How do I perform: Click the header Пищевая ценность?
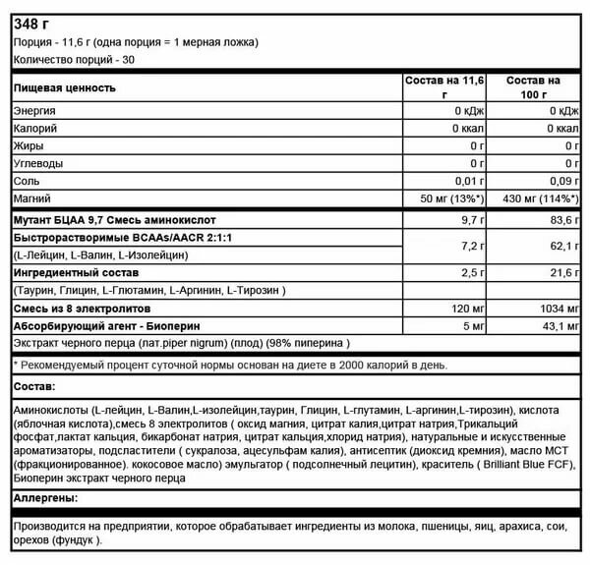(65, 87)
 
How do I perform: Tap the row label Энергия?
(34, 111)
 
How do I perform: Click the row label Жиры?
(29, 145)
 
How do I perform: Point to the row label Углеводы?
(39, 163)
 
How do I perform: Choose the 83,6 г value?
(559, 219)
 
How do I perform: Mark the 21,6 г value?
(559, 271)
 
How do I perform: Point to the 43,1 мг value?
(556, 325)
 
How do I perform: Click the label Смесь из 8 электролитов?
(78, 308)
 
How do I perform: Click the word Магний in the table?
(31, 198)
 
